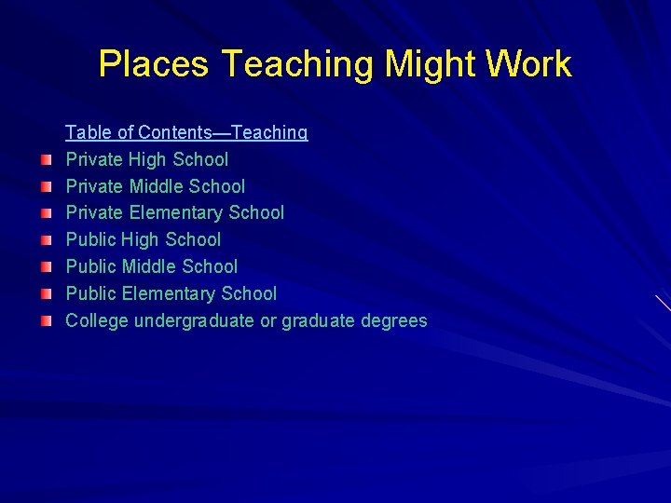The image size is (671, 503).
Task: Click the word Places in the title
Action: (x=153, y=64)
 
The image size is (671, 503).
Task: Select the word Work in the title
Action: (x=529, y=64)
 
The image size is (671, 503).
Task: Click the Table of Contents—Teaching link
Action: (x=186, y=132)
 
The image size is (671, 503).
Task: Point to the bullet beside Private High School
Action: (x=47, y=160)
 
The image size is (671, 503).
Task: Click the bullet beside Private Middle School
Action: (x=47, y=187)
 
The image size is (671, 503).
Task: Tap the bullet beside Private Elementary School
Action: (x=47, y=214)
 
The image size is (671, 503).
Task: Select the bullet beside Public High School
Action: (x=47, y=240)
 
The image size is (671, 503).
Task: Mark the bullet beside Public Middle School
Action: (x=47, y=267)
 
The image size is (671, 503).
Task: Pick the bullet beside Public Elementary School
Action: (x=47, y=294)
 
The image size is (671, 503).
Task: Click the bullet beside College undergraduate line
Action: (x=47, y=321)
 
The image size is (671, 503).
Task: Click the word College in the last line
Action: (x=97, y=321)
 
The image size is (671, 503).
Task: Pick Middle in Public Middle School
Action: (x=147, y=267)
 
